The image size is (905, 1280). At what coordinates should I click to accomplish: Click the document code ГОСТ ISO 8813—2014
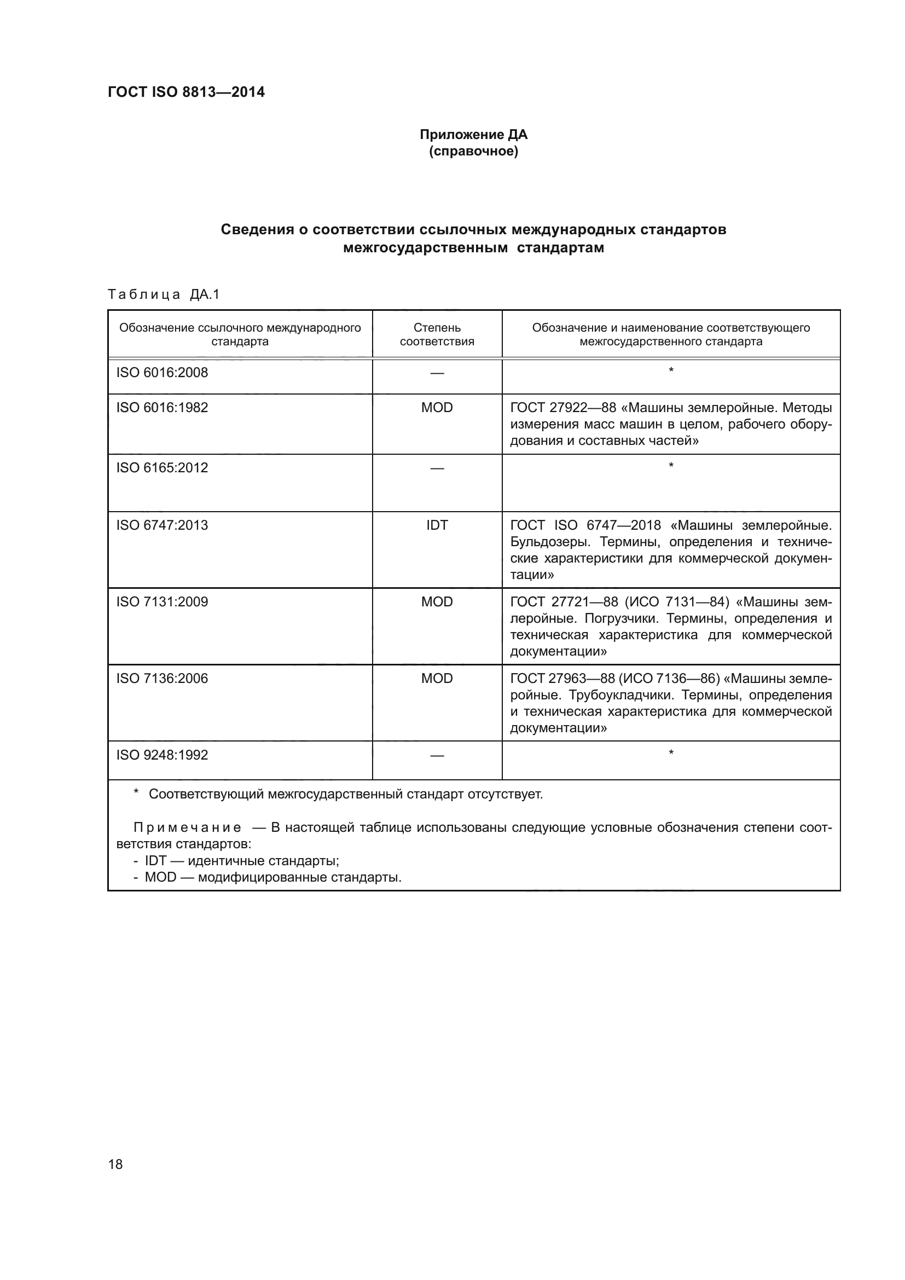coord(186,92)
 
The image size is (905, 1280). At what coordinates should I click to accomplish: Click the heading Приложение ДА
coord(473,135)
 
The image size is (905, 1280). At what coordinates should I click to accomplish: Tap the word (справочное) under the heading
coord(473,152)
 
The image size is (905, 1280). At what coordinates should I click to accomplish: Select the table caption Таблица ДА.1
coord(164,294)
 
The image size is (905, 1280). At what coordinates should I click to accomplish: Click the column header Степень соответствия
coord(437,334)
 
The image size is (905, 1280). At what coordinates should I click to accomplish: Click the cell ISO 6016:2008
coord(162,373)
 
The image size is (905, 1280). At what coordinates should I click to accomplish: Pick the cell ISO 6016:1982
coord(162,408)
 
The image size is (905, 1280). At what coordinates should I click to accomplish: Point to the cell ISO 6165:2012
coord(162,468)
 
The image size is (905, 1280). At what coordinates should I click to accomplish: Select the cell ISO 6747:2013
coord(162,525)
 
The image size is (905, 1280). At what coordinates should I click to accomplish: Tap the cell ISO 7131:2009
coord(162,601)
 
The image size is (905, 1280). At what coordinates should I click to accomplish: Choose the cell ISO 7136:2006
coord(162,679)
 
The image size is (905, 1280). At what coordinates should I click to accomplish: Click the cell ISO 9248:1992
coord(162,755)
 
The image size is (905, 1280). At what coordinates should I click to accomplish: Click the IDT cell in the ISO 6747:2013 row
coord(437,525)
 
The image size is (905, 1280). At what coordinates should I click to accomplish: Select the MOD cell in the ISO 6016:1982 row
coord(437,408)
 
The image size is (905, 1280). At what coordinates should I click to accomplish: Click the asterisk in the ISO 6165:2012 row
coord(671,465)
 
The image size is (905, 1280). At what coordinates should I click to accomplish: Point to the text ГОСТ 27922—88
coord(563,408)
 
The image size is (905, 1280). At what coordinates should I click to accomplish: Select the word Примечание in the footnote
coord(187,827)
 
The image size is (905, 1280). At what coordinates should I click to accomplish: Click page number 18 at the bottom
coord(115,1164)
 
